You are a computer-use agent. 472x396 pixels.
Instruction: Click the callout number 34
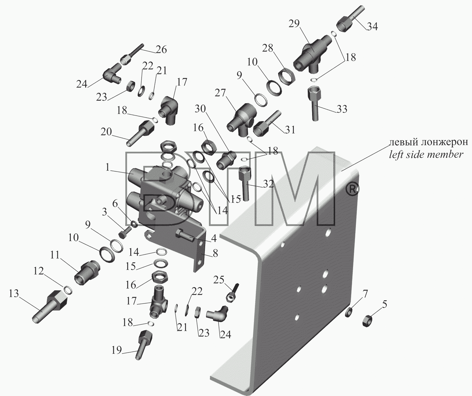tap(372, 26)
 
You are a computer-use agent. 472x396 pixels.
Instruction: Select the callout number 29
tap(294, 24)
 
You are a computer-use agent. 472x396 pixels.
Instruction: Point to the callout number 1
tap(107, 167)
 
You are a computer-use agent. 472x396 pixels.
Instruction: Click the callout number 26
tap(161, 49)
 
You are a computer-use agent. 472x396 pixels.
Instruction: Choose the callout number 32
tap(268, 184)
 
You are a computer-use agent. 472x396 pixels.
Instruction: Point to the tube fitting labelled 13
tap(50, 307)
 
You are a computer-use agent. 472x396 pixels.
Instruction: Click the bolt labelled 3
tap(125, 232)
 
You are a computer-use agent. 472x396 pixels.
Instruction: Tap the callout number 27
tap(220, 93)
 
